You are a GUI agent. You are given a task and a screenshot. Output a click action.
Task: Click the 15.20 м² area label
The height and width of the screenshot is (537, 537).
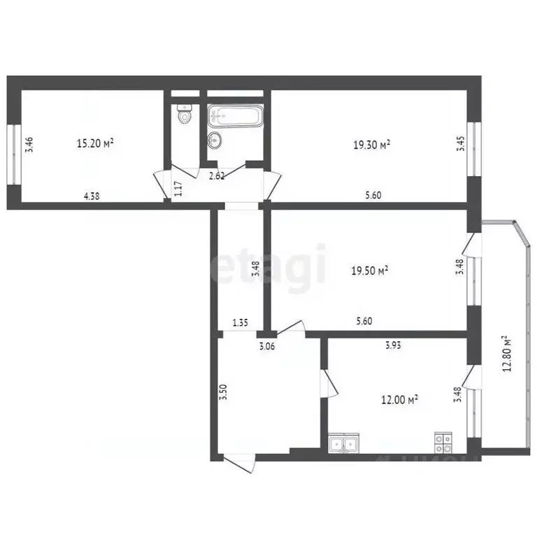tap(95, 144)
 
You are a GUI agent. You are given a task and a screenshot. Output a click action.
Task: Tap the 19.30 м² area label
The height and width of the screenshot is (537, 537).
tap(371, 145)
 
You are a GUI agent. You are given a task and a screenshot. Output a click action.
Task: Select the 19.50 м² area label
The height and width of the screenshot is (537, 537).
tap(370, 271)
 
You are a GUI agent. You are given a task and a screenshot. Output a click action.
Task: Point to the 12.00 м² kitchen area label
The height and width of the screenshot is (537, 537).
tap(399, 399)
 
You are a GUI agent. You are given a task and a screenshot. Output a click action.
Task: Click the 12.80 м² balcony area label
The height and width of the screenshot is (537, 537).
tap(508, 355)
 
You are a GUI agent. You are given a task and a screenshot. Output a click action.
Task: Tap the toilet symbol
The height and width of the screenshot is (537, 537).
tap(184, 116)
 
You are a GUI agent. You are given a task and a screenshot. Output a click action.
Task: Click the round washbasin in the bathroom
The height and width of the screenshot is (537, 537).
tap(214, 141)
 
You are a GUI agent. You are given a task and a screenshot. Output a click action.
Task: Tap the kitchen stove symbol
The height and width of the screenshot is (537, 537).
tap(443, 442)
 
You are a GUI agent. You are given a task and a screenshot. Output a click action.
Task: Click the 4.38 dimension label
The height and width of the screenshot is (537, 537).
tap(92, 196)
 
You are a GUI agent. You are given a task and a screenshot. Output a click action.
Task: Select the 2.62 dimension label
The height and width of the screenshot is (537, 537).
tap(217, 176)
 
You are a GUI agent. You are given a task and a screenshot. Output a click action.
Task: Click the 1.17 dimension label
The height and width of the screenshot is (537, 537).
tap(178, 187)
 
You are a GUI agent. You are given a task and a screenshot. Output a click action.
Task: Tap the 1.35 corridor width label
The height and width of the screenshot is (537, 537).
tap(241, 322)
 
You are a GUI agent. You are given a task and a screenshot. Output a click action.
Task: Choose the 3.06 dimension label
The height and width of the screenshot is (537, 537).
tap(266, 345)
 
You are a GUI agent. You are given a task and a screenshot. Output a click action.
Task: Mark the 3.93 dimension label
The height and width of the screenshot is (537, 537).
tap(396, 345)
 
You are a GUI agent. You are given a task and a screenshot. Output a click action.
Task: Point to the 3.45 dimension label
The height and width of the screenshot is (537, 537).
tap(459, 145)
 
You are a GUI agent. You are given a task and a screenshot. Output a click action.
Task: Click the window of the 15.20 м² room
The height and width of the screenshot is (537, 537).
tap(12, 155)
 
